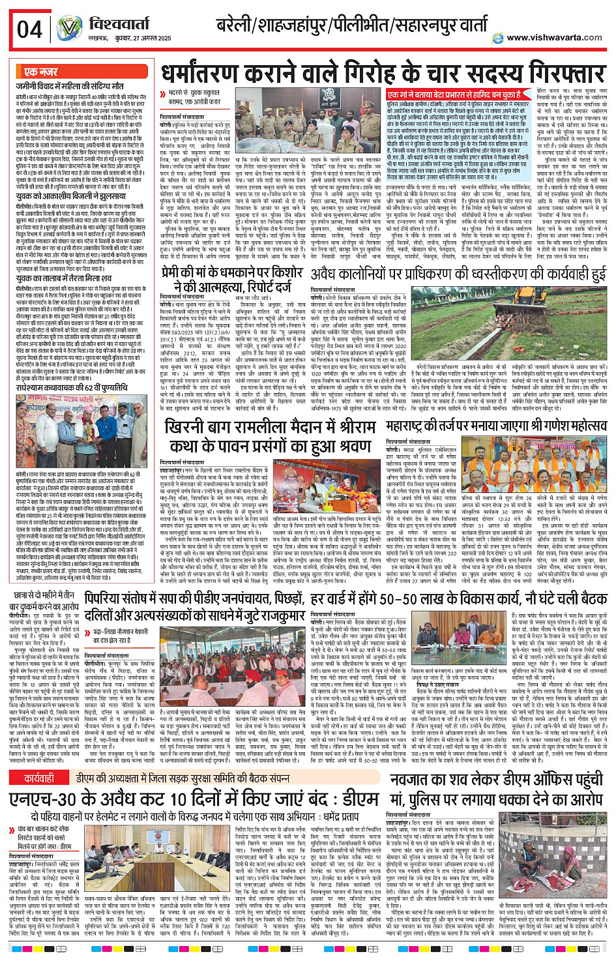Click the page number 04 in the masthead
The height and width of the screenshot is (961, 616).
tap(29, 29)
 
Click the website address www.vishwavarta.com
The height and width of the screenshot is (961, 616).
tap(554, 37)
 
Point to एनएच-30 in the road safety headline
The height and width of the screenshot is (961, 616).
tap(46, 799)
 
